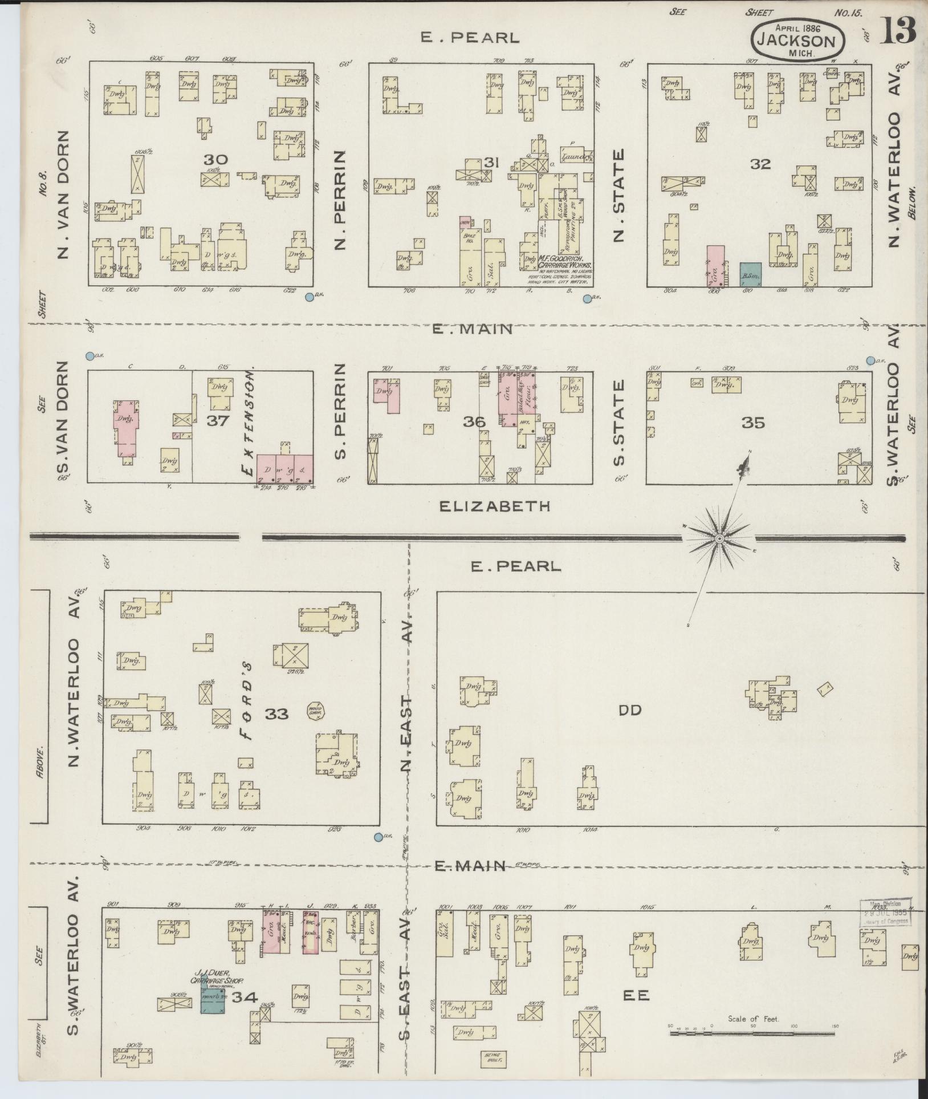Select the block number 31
[x=491, y=163]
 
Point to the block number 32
[x=760, y=164]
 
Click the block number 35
[x=752, y=423]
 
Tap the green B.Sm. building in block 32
[x=750, y=274]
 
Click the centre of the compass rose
[x=719, y=538]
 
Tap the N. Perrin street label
[x=341, y=200]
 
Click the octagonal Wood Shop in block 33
[x=315, y=712]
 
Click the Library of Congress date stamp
[x=885, y=913]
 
